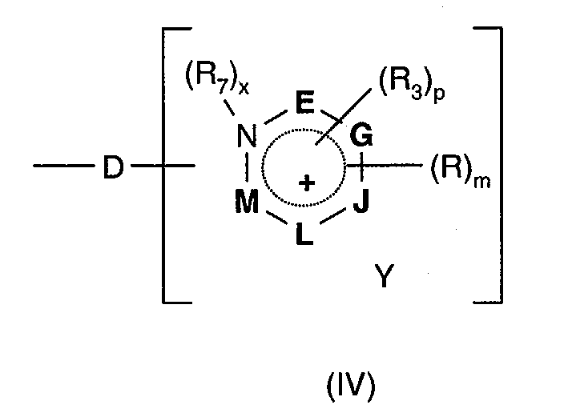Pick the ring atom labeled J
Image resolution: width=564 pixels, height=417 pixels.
coord(361,203)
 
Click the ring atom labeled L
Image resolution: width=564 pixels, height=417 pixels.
coord(305,236)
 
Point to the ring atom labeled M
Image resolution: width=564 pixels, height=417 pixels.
coord(247,203)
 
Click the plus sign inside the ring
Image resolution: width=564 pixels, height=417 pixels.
coord(305,183)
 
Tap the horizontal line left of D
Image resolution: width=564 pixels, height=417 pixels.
coord(63,167)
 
